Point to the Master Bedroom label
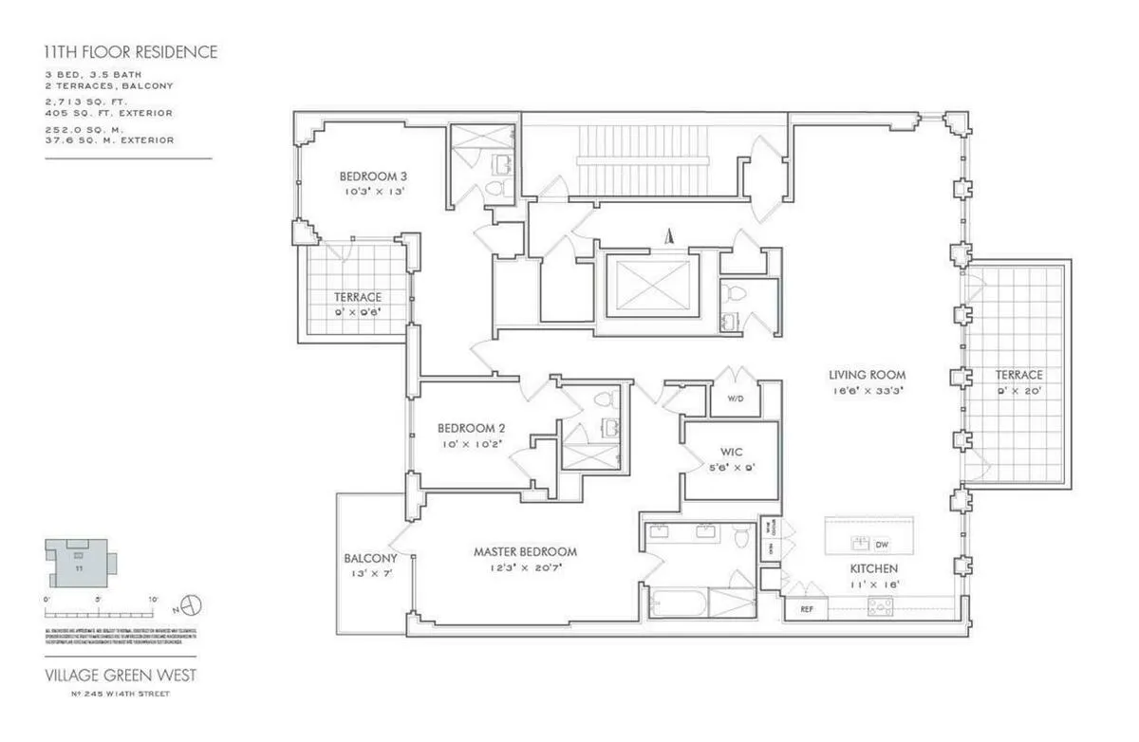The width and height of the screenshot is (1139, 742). (x=525, y=551)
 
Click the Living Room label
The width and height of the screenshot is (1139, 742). (x=867, y=375)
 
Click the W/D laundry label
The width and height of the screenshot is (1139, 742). (x=735, y=399)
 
